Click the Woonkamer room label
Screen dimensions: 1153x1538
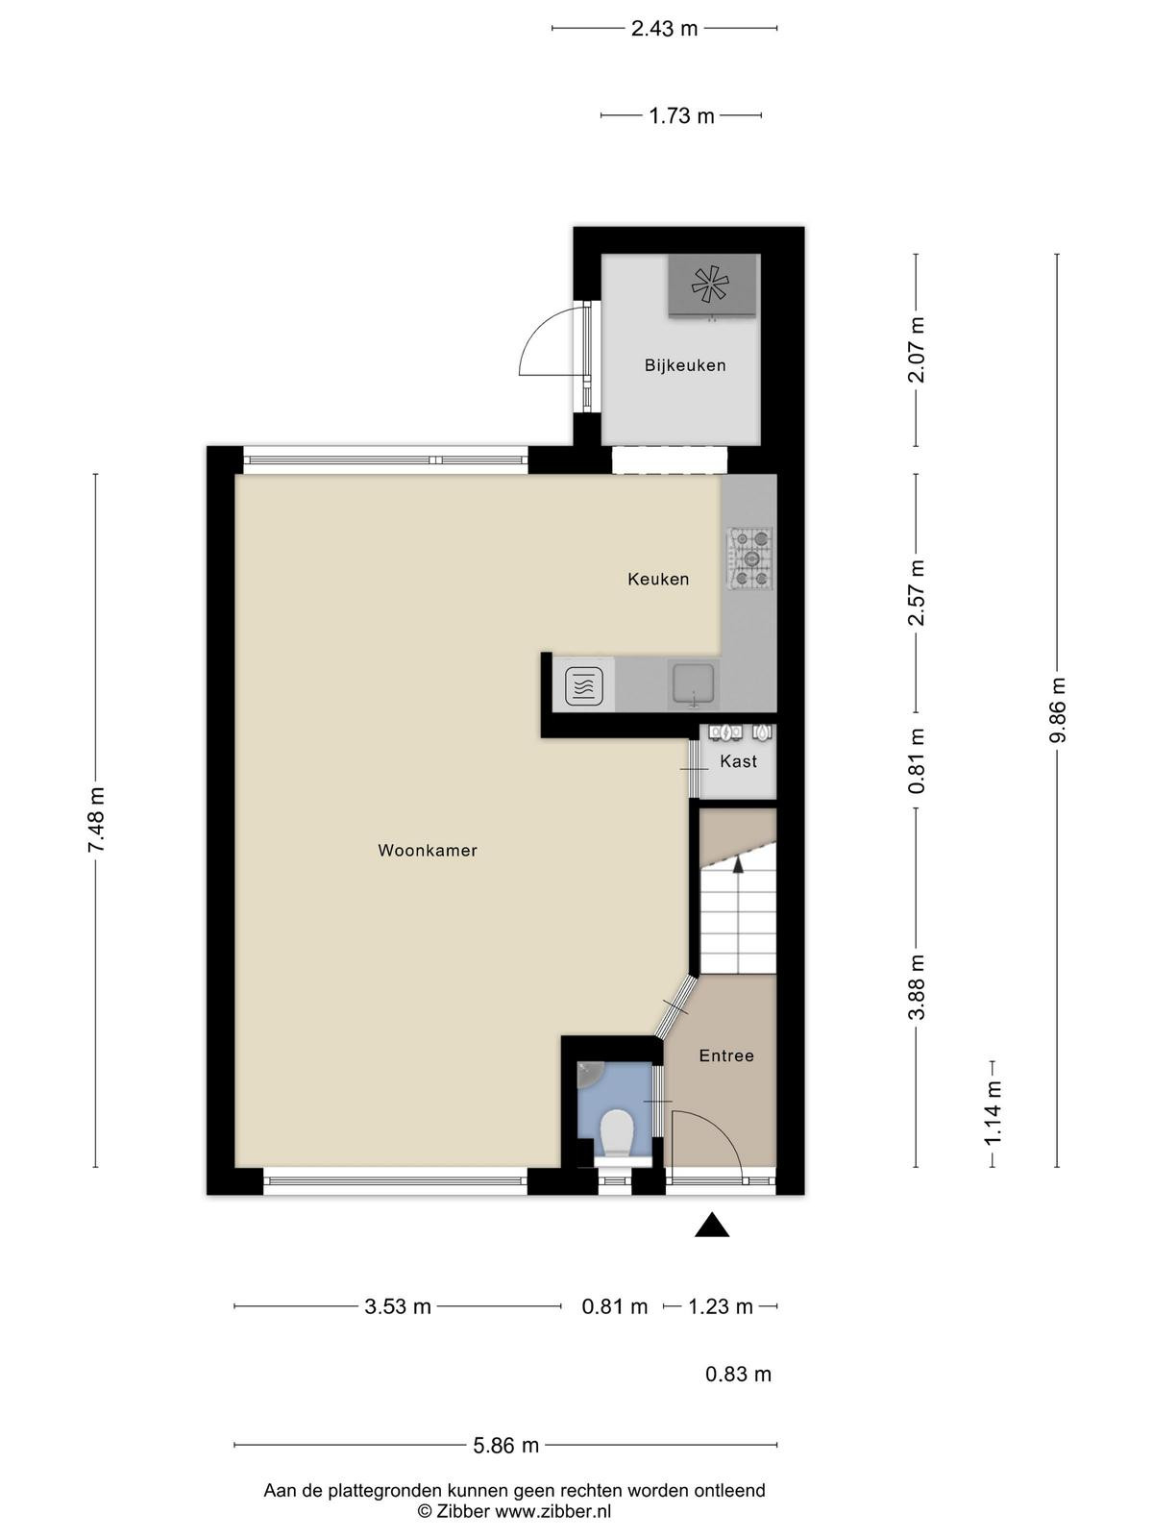pyautogui.click(x=427, y=851)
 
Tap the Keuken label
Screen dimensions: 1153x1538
pyautogui.click(x=658, y=580)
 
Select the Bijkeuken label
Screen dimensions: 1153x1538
pyautogui.click(x=685, y=365)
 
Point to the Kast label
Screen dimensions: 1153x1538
pyautogui.click(x=738, y=761)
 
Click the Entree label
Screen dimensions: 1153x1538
pyautogui.click(x=726, y=1055)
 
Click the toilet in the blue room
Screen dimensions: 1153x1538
pyautogui.click(x=617, y=1134)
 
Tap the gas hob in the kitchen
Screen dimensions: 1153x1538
pyautogui.click(x=749, y=558)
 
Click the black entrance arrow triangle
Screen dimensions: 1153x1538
pyautogui.click(x=712, y=1226)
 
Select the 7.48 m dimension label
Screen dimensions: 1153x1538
pyautogui.click(x=95, y=820)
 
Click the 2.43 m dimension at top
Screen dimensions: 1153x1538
pyautogui.click(x=664, y=29)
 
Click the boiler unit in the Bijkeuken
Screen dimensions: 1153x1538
pyautogui.click(x=712, y=285)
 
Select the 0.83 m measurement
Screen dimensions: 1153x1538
pyautogui.click(x=738, y=1374)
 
